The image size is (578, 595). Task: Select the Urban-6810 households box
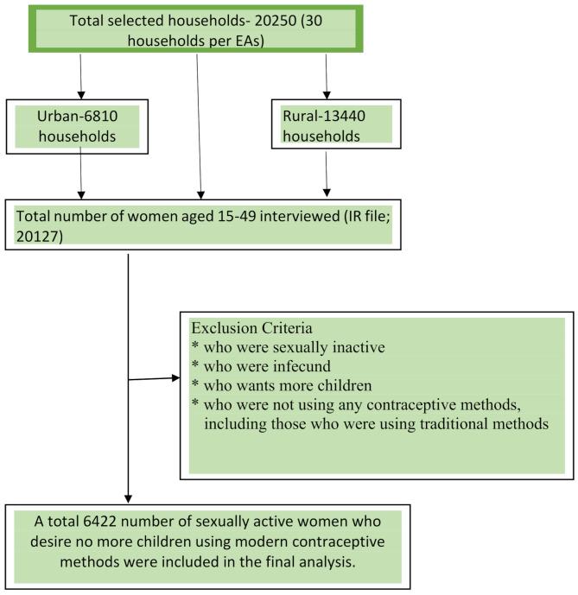point(80,125)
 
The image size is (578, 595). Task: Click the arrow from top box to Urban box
point(80,78)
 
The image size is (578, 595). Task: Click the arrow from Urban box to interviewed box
point(80,173)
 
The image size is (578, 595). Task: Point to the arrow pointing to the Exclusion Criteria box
point(156,378)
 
